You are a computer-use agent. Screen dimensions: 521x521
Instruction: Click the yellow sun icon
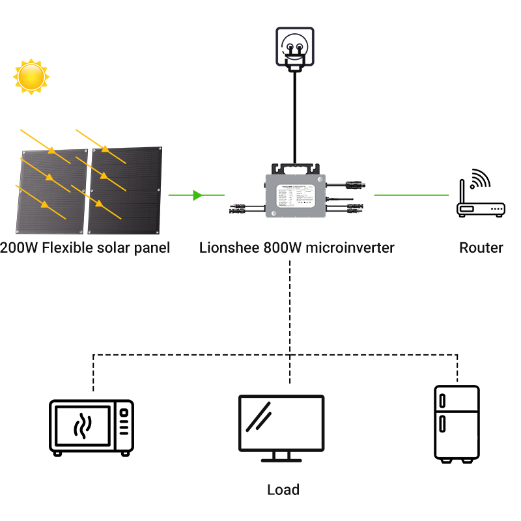click(x=31, y=76)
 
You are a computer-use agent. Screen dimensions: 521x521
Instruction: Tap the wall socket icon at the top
click(x=295, y=47)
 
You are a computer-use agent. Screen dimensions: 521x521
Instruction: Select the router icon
click(x=481, y=207)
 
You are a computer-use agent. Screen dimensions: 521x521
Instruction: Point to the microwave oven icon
click(x=92, y=428)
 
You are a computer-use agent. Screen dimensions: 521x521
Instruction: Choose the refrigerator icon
click(x=457, y=424)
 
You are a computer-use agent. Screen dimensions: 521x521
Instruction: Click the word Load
click(x=283, y=490)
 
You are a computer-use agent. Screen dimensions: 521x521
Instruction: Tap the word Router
click(x=481, y=247)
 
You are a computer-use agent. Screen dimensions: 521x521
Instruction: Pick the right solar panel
click(x=126, y=190)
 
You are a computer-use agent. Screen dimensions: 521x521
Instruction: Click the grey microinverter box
click(x=294, y=195)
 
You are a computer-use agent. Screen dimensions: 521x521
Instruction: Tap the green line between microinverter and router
click(x=412, y=195)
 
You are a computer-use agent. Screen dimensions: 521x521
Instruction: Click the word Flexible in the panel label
click(x=67, y=247)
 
